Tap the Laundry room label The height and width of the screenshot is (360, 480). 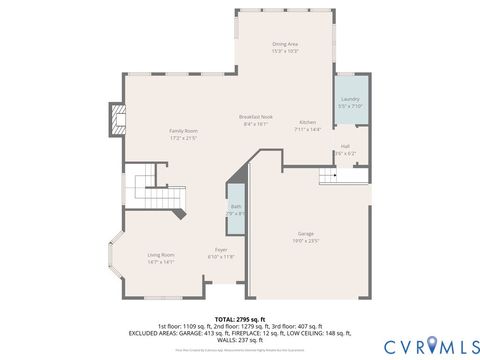(x=350, y=99)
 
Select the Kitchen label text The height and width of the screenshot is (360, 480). (x=307, y=122)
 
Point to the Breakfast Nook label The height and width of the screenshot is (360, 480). (x=256, y=117)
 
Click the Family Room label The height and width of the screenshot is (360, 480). (x=183, y=131)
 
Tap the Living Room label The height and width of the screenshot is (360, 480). (x=161, y=254)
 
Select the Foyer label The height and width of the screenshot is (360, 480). (x=220, y=250)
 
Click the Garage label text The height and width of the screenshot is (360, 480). (x=305, y=233)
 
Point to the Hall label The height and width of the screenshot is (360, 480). (x=345, y=146)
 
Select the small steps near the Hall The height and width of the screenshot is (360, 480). (x=333, y=176)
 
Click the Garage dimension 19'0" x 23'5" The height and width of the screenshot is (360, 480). (x=305, y=241)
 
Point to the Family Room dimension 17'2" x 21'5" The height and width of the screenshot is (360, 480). (x=183, y=138)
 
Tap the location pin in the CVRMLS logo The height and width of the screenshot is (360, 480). (x=432, y=345)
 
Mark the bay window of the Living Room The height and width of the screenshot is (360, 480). (x=118, y=262)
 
